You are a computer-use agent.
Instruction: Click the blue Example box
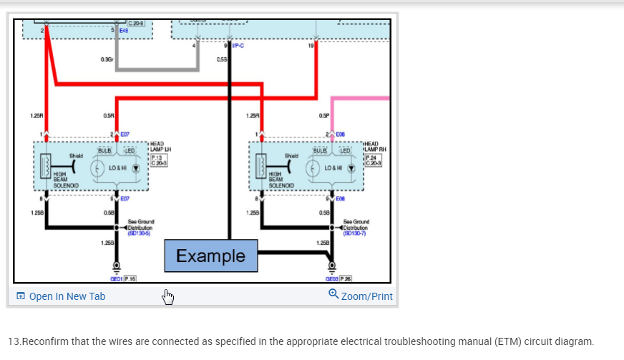click(x=210, y=256)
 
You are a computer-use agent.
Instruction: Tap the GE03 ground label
click(x=332, y=278)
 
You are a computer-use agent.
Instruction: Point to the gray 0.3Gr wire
click(x=157, y=69)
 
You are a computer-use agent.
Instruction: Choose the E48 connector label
click(x=125, y=31)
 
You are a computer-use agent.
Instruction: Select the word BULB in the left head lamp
click(x=104, y=151)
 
